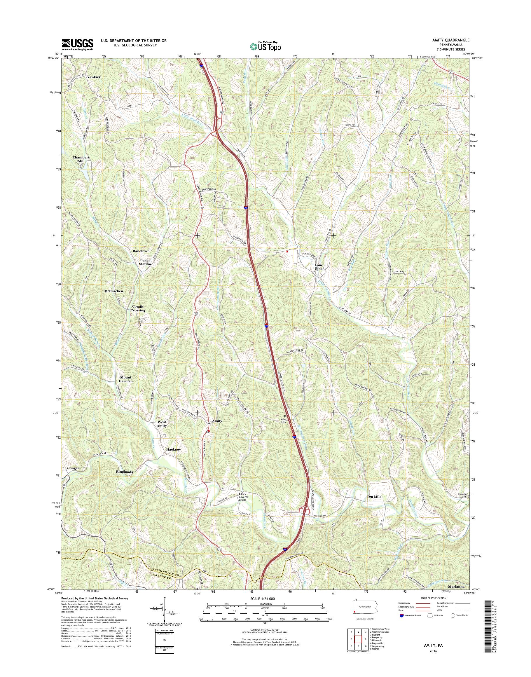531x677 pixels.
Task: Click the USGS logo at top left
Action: (77, 44)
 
